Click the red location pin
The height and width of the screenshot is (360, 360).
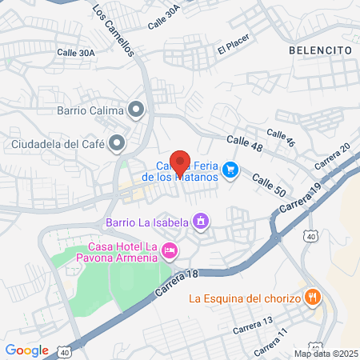click(x=180, y=161)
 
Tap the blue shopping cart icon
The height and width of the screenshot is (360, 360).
click(x=230, y=169)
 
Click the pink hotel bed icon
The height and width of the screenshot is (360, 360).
click(x=169, y=251)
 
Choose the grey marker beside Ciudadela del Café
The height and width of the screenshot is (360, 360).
click(x=118, y=144)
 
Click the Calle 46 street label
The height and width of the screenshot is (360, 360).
click(x=281, y=138)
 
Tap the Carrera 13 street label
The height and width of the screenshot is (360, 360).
click(x=254, y=329)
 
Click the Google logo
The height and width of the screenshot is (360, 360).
click(x=26, y=350)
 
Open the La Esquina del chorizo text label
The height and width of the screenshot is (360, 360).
click(x=245, y=299)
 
